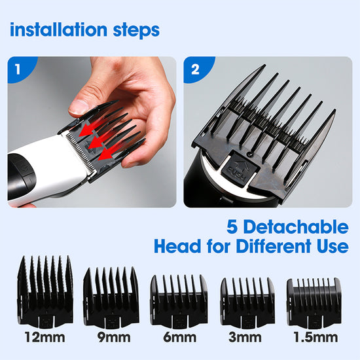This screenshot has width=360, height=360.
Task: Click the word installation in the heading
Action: [x=59, y=29]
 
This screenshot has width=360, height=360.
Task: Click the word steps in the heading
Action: [x=136, y=31]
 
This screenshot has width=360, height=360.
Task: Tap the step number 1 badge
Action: [x=20, y=69]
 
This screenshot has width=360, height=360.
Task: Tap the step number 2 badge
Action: [x=197, y=69]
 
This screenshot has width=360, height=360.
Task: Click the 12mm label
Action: [x=45, y=337]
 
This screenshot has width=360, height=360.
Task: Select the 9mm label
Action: [x=114, y=337]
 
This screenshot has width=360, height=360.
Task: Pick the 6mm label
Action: [x=180, y=337]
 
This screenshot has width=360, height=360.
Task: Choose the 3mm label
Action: [x=245, y=337]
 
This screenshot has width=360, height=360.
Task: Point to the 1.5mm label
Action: [x=315, y=337]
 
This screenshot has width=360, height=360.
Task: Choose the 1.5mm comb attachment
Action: [x=314, y=304]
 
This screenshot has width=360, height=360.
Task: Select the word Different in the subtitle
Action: [x=274, y=246]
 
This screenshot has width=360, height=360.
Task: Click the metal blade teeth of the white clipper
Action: [x=81, y=152]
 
